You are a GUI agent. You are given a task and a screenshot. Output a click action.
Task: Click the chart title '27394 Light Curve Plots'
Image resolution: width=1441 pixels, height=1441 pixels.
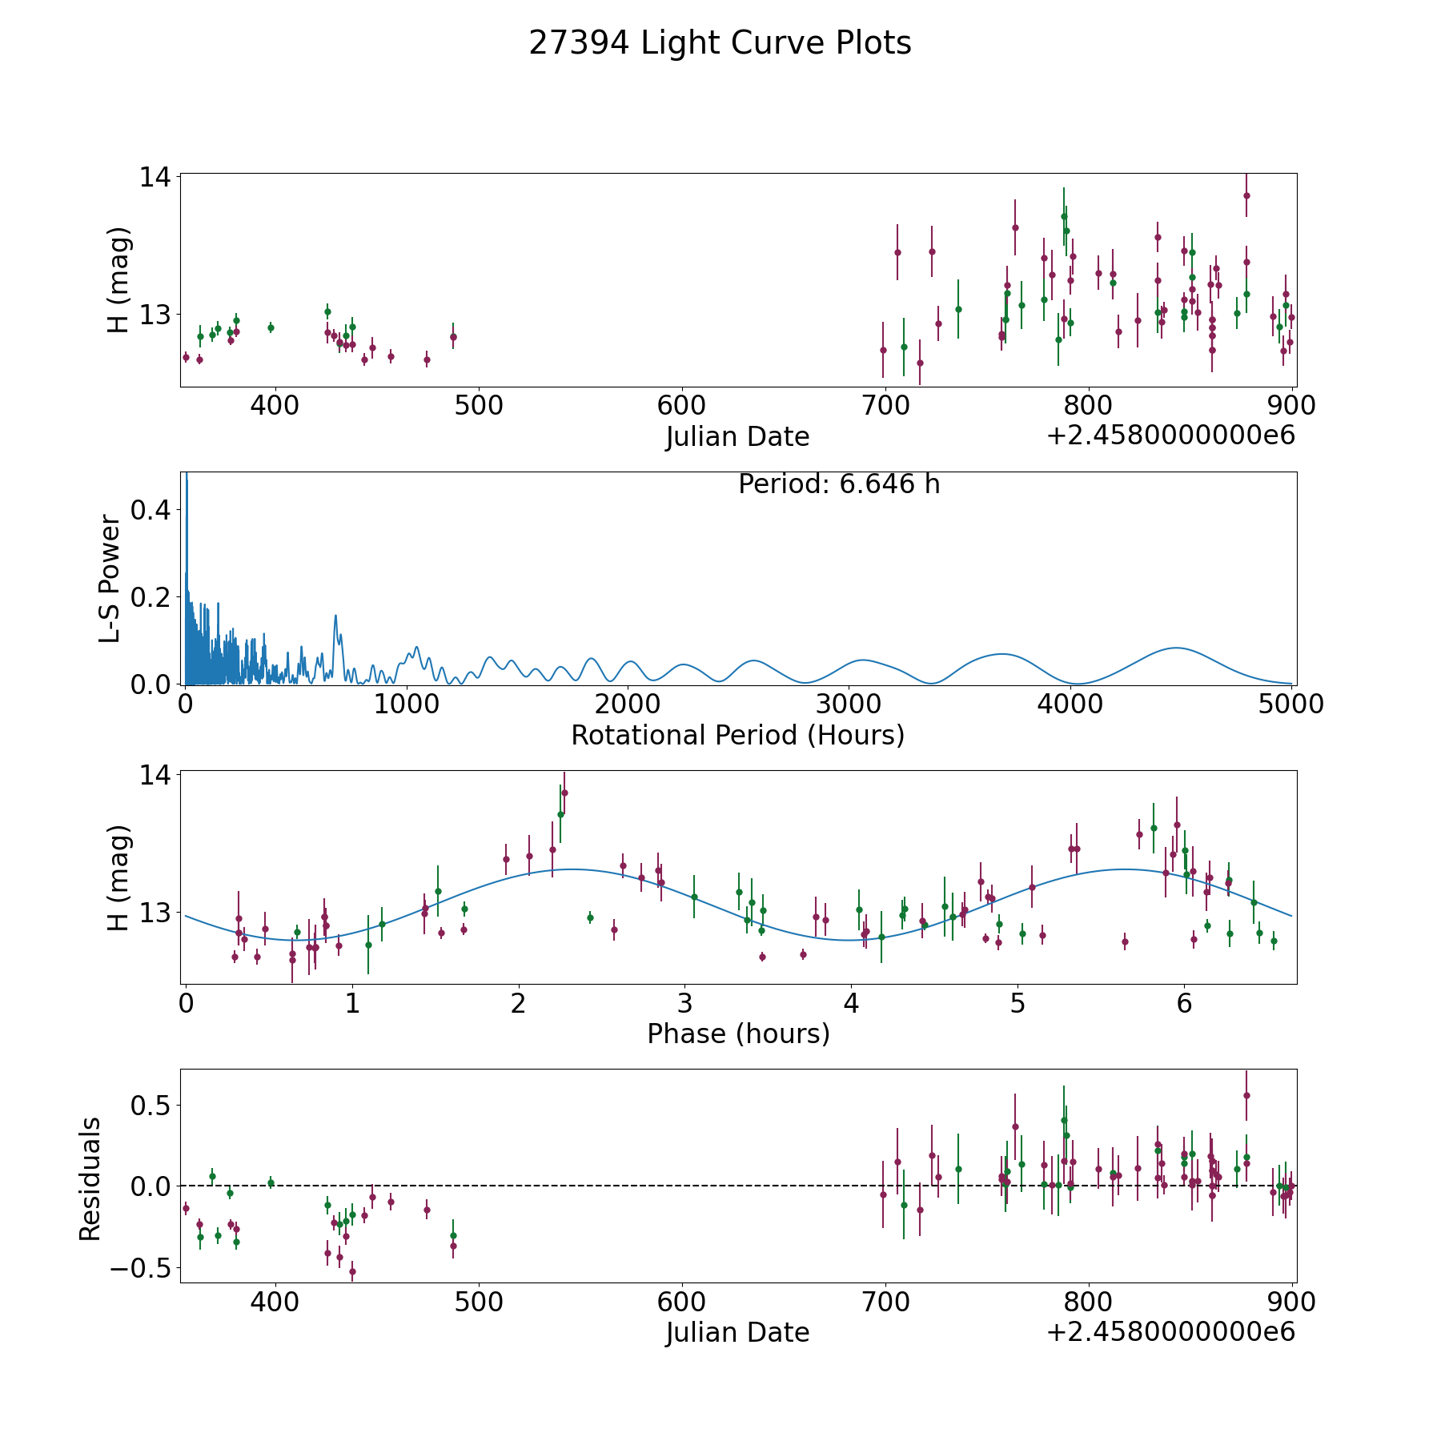click(x=720, y=43)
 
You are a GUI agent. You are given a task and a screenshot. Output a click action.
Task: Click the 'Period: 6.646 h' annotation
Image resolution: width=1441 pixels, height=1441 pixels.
click(x=839, y=484)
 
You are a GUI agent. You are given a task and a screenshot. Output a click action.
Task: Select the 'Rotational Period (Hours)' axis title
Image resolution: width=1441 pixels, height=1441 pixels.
click(x=737, y=735)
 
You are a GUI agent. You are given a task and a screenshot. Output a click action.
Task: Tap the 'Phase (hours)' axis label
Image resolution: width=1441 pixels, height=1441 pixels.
click(x=738, y=1034)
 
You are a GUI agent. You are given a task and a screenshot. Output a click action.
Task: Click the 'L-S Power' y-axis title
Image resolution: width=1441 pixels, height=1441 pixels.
click(x=110, y=579)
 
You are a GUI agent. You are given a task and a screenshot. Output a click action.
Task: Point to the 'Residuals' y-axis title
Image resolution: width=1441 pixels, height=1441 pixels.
click(x=90, y=1178)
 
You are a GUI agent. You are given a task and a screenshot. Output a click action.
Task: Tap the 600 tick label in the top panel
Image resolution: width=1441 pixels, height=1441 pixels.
click(x=681, y=406)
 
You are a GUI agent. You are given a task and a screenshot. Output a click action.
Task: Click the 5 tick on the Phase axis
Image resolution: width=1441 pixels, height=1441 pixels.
click(x=1018, y=1003)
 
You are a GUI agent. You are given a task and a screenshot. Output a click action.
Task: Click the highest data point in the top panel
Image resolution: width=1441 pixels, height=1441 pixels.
click(x=1246, y=195)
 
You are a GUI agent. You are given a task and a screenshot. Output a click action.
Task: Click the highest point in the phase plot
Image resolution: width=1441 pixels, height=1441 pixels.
click(x=564, y=793)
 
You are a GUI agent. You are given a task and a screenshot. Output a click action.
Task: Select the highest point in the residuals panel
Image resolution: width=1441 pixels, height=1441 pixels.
click(x=1246, y=1095)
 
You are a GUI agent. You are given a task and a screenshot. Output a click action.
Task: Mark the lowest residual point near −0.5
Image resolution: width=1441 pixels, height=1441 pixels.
click(x=352, y=1270)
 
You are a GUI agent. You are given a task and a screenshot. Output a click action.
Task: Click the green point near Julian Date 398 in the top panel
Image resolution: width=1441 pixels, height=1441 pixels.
click(x=271, y=327)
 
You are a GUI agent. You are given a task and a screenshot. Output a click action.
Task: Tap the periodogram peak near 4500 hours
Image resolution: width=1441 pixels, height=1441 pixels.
click(x=1175, y=648)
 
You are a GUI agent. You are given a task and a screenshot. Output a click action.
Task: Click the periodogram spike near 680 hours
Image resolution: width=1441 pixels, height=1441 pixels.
click(x=335, y=616)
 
